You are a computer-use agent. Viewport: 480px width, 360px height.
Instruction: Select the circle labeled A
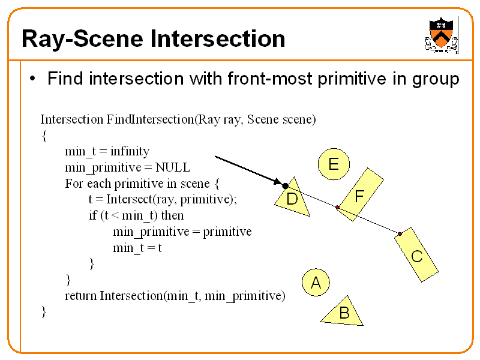coord(316,283)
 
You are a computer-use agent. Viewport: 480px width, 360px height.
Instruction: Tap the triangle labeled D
coord(294,198)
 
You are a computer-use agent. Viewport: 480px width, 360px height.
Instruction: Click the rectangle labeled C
coord(416,255)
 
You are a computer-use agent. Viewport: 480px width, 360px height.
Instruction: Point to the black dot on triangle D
coord(285,186)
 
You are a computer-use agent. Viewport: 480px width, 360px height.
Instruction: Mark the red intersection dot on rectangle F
coord(338,208)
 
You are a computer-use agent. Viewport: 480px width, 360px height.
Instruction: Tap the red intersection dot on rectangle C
coord(400,233)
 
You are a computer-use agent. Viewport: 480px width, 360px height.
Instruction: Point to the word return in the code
coord(80,295)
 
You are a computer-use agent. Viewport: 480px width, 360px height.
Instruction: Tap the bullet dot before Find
coord(34,79)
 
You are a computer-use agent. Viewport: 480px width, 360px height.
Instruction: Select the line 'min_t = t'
coord(137,247)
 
